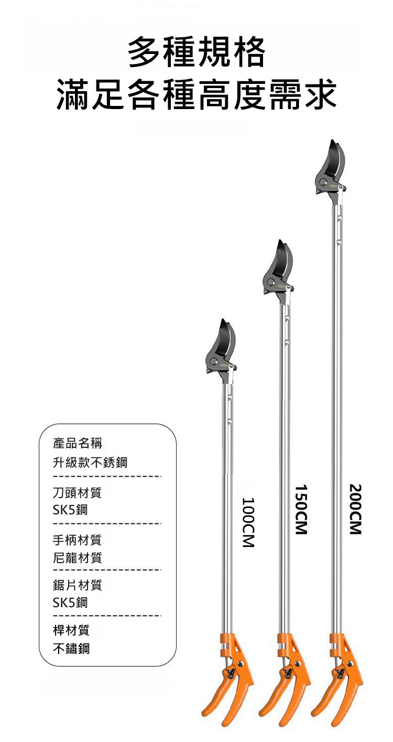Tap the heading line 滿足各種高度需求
[196, 94]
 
